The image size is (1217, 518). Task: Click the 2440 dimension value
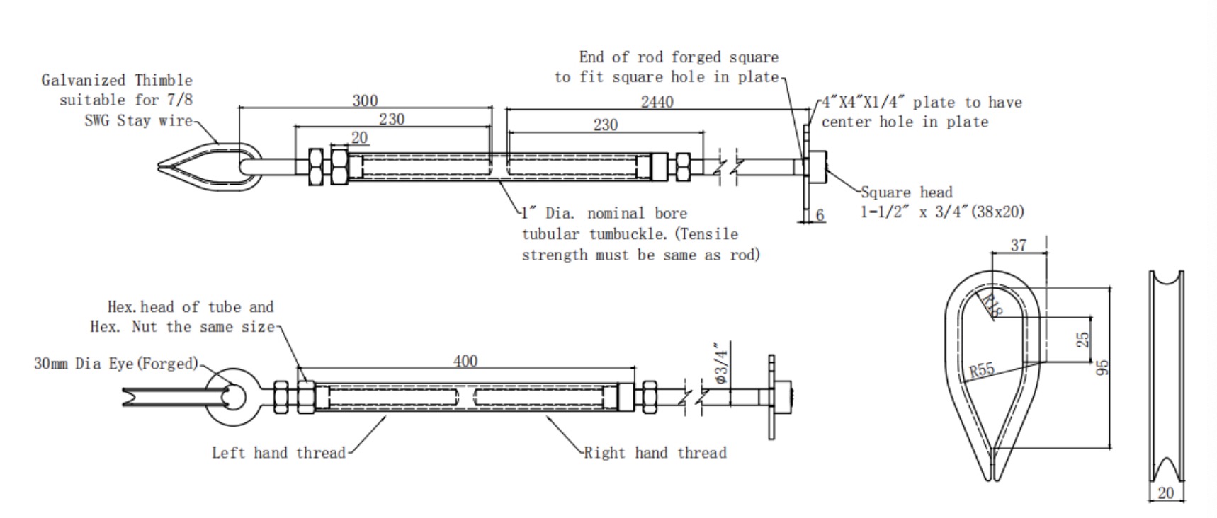[657, 102]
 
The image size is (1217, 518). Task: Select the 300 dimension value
[365, 100]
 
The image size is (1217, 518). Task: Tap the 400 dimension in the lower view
[465, 361]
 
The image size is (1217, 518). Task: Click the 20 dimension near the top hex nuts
[360, 137]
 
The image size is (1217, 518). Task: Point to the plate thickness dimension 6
[820, 215]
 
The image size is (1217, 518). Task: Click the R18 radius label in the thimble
[993, 305]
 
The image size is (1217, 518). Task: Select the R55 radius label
[982, 370]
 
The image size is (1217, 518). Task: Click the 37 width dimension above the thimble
[1018, 246]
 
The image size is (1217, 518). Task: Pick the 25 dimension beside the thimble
[1082, 339]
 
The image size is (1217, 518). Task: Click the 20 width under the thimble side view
[1165, 493]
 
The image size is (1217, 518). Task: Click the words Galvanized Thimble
[117, 80]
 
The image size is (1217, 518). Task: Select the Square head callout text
[906, 192]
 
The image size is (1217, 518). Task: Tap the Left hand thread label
[278, 453]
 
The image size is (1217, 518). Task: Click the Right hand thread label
[655, 453]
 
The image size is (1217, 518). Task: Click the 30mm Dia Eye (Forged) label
[116, 364]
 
